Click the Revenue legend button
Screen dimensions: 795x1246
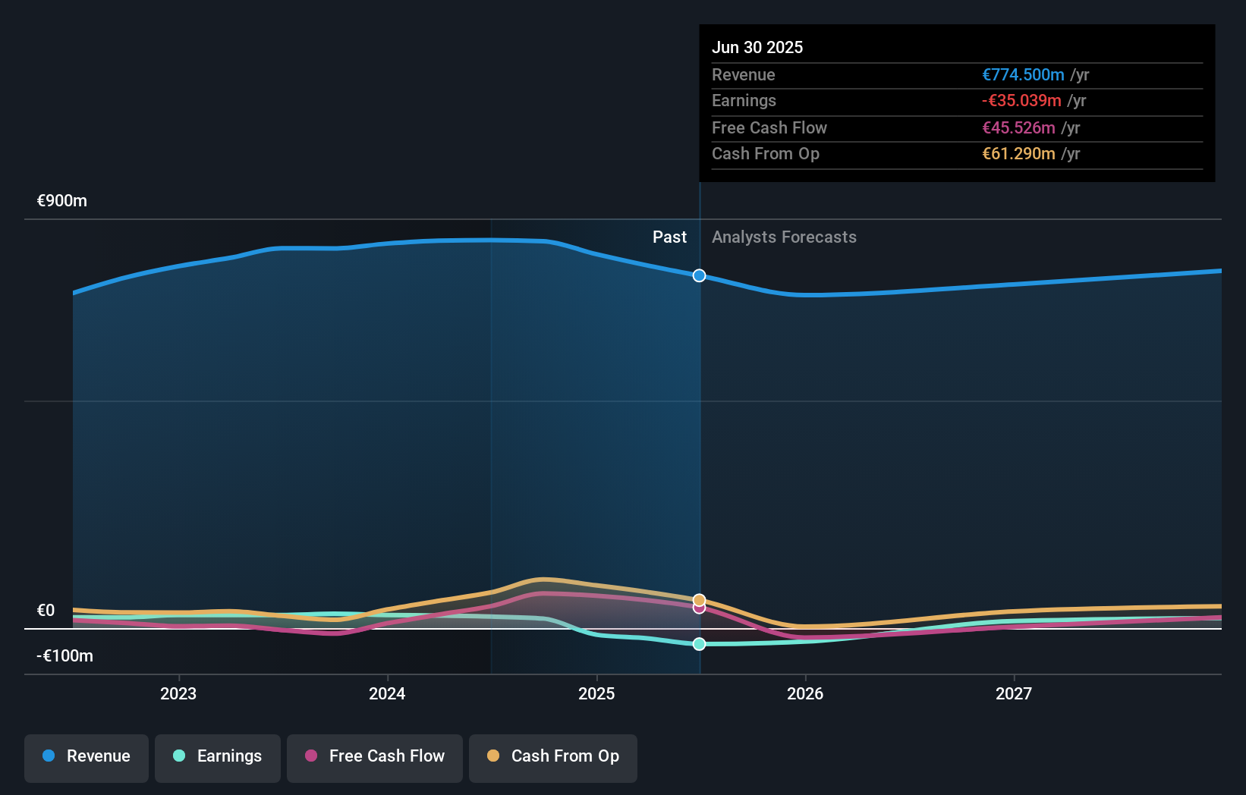click(87, 756)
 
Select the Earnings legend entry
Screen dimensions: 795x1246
click(218, 756)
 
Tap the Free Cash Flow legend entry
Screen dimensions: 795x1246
click(375, 756)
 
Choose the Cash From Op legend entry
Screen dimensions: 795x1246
click(553, 756)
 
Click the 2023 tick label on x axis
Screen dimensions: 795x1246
click(178, 693)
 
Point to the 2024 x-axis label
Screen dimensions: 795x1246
click(387, 693)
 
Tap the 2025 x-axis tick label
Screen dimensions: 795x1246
click(596, 693)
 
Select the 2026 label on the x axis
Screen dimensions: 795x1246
click(805, 693)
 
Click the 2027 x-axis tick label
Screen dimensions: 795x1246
click(1014, 693)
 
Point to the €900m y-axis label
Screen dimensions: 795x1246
click(62, 201)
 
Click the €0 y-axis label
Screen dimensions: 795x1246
click(46, 611)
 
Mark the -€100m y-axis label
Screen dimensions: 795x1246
click(65, 656)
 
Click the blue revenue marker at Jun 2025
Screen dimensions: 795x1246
click(700, 275)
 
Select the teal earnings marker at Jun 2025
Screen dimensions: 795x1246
click(700, 644)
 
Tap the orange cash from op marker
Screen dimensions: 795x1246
click(700, 599)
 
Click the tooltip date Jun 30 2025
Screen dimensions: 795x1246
click(757, 47)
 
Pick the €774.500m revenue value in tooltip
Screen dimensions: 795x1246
click(1023, 74)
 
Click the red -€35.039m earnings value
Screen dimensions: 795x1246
click(1021, 101)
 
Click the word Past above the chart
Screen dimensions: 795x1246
click(669, 237)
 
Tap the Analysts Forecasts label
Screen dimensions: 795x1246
click(784, 237)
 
